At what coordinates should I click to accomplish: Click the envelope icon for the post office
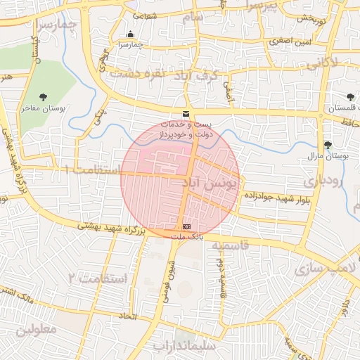(x=186, y=114)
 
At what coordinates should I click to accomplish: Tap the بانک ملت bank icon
(x=186, y=227)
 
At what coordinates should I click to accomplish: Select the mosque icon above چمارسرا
(x=129, y=34)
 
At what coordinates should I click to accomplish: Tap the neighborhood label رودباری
(x=325, y=181)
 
